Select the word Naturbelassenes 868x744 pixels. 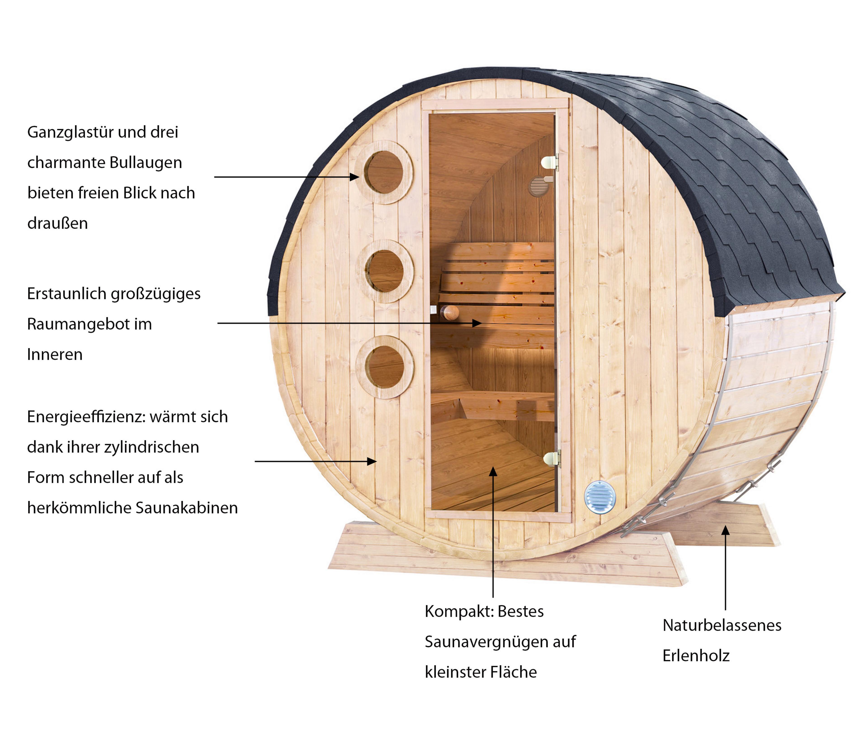pos(722,625)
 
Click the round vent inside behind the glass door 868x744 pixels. pos(538,187)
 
